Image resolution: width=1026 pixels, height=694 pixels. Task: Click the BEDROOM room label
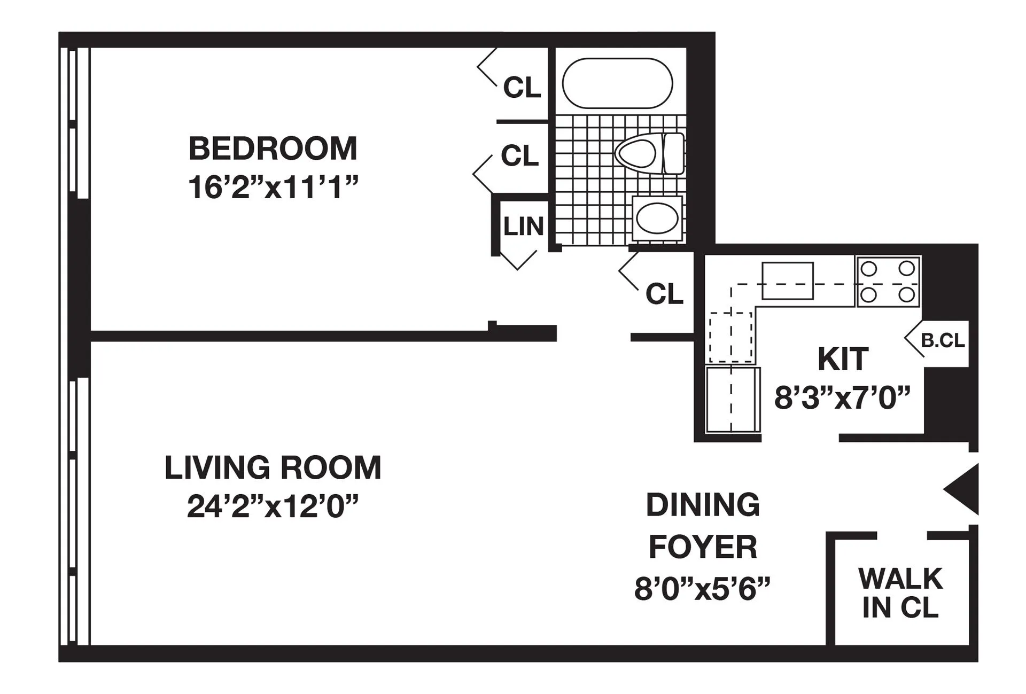[273, 149]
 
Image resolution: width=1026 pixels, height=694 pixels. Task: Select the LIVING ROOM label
[273, 467]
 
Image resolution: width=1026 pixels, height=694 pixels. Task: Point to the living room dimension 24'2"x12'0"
[273, 506]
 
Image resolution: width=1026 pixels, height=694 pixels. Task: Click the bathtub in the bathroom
[617, 83]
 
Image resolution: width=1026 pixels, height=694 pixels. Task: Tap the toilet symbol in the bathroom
[648, 153]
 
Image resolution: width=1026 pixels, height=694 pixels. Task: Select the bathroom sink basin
[657, 218]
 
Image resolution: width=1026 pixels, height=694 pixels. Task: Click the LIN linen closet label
[523, 227]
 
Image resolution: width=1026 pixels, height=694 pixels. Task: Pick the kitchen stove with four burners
[888, 281]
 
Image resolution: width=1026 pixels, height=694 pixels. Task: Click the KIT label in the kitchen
[843, 359]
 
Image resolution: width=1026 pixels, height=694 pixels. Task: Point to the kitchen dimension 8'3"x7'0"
[842, 397]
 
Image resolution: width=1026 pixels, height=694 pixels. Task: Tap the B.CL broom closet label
[943, 340]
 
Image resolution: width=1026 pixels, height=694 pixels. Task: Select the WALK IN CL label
[900, 593]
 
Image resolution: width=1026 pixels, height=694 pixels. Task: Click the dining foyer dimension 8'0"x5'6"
[702, 589]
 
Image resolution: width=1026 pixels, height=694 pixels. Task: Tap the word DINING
[703, 505]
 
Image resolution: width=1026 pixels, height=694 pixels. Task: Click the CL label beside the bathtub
[522, 87]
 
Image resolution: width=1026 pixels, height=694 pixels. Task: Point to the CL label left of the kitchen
[664, 293]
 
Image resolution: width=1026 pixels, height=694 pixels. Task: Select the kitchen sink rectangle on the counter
[787, 280]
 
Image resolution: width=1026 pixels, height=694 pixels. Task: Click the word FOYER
[703, 547]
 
